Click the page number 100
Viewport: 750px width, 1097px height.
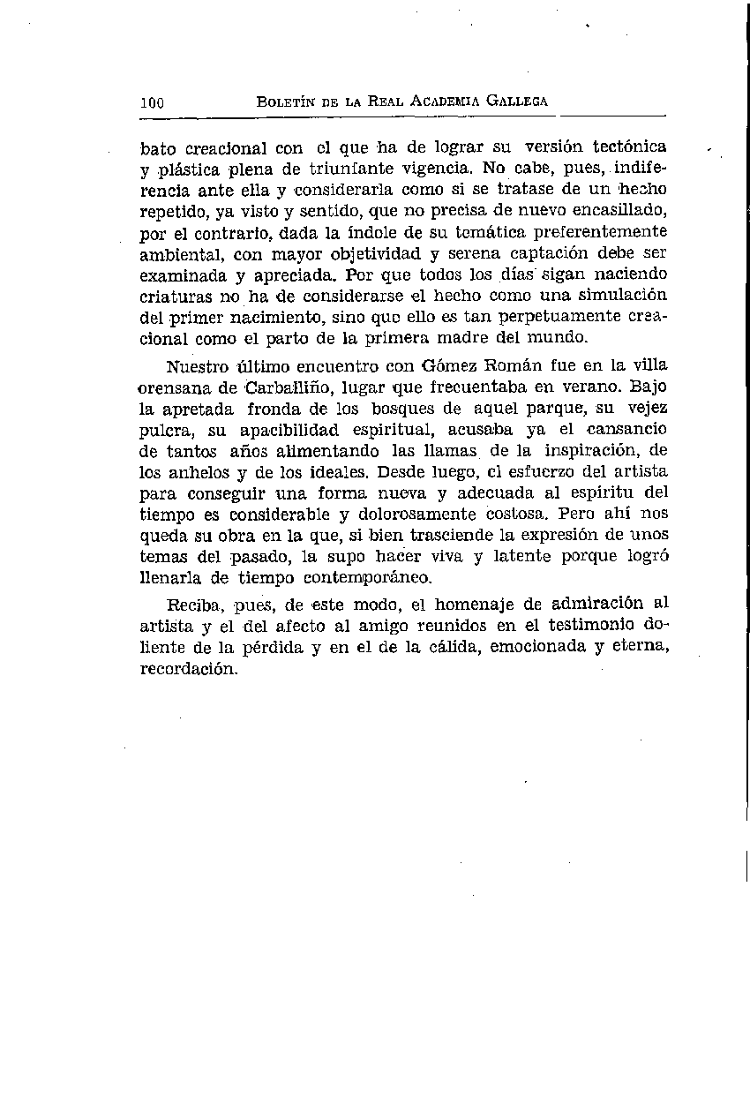coord(153,102)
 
